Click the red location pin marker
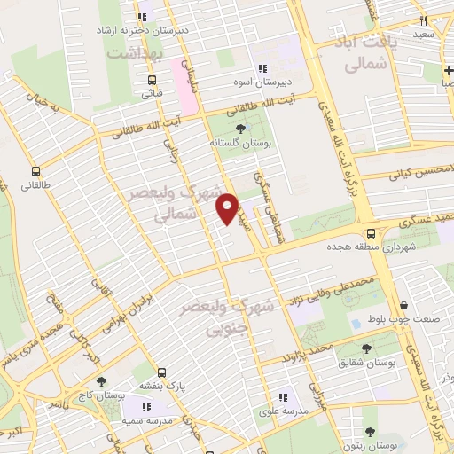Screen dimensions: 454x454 pos(228,207)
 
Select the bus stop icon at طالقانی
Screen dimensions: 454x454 pos(35,172)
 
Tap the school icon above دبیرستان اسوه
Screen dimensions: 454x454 pos(262,69)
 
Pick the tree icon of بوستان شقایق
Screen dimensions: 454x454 pos(366,348)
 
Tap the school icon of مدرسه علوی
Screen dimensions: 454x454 pos(283,398)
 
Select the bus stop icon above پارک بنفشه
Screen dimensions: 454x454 pos(161,373)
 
